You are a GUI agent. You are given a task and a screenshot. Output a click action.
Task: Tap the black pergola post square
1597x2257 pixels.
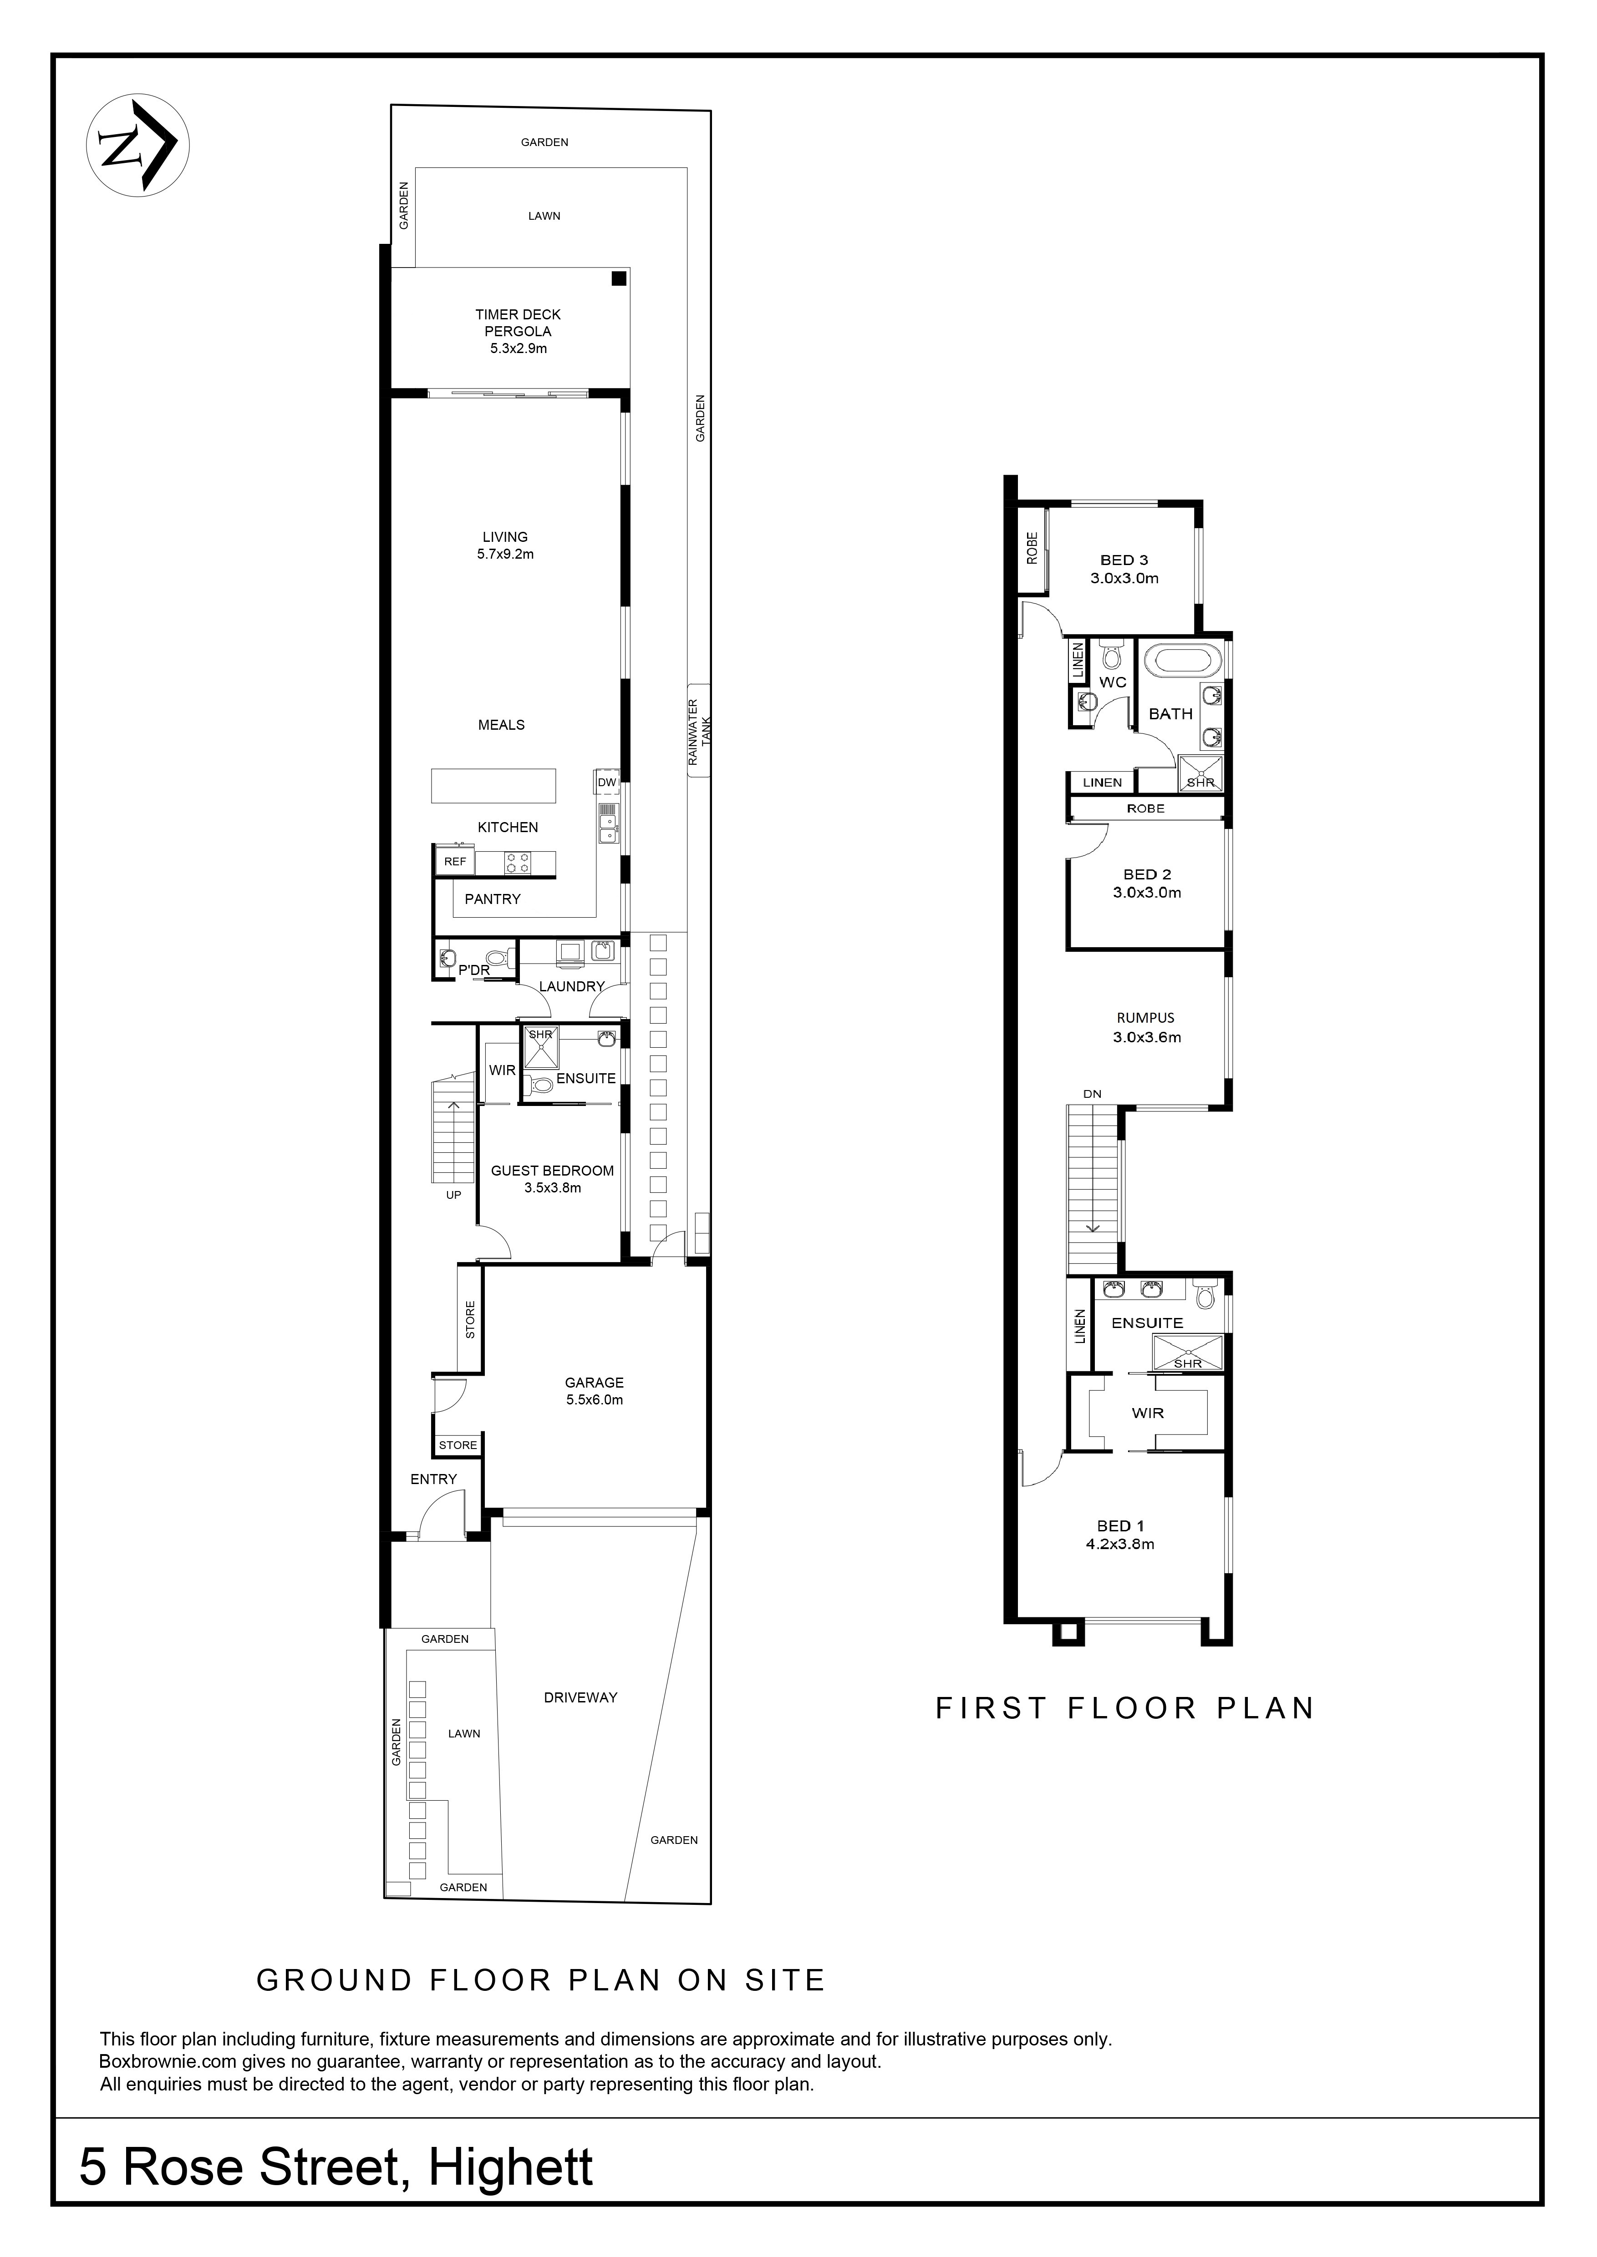[619, 279]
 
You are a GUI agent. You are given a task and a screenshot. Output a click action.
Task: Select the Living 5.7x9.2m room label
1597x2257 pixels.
[505, 545]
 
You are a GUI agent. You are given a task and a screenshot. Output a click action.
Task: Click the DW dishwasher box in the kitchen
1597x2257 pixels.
[607, 783]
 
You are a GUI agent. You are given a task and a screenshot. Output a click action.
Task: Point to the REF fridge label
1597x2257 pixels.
[455, 861]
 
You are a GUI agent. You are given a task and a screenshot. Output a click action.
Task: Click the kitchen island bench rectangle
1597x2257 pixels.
[493, 785]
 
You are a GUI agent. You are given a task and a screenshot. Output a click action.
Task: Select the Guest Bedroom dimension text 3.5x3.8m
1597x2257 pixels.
[553, 1187]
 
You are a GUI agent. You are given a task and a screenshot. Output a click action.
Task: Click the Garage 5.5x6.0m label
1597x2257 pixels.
[594, 1391]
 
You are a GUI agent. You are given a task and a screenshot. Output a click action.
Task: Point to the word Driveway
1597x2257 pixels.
[580, 1697]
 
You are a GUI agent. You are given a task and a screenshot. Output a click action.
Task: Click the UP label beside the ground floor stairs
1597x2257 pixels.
[453, 1195]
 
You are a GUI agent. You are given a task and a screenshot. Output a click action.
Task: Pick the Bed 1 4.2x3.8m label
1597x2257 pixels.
[1120, 1535]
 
